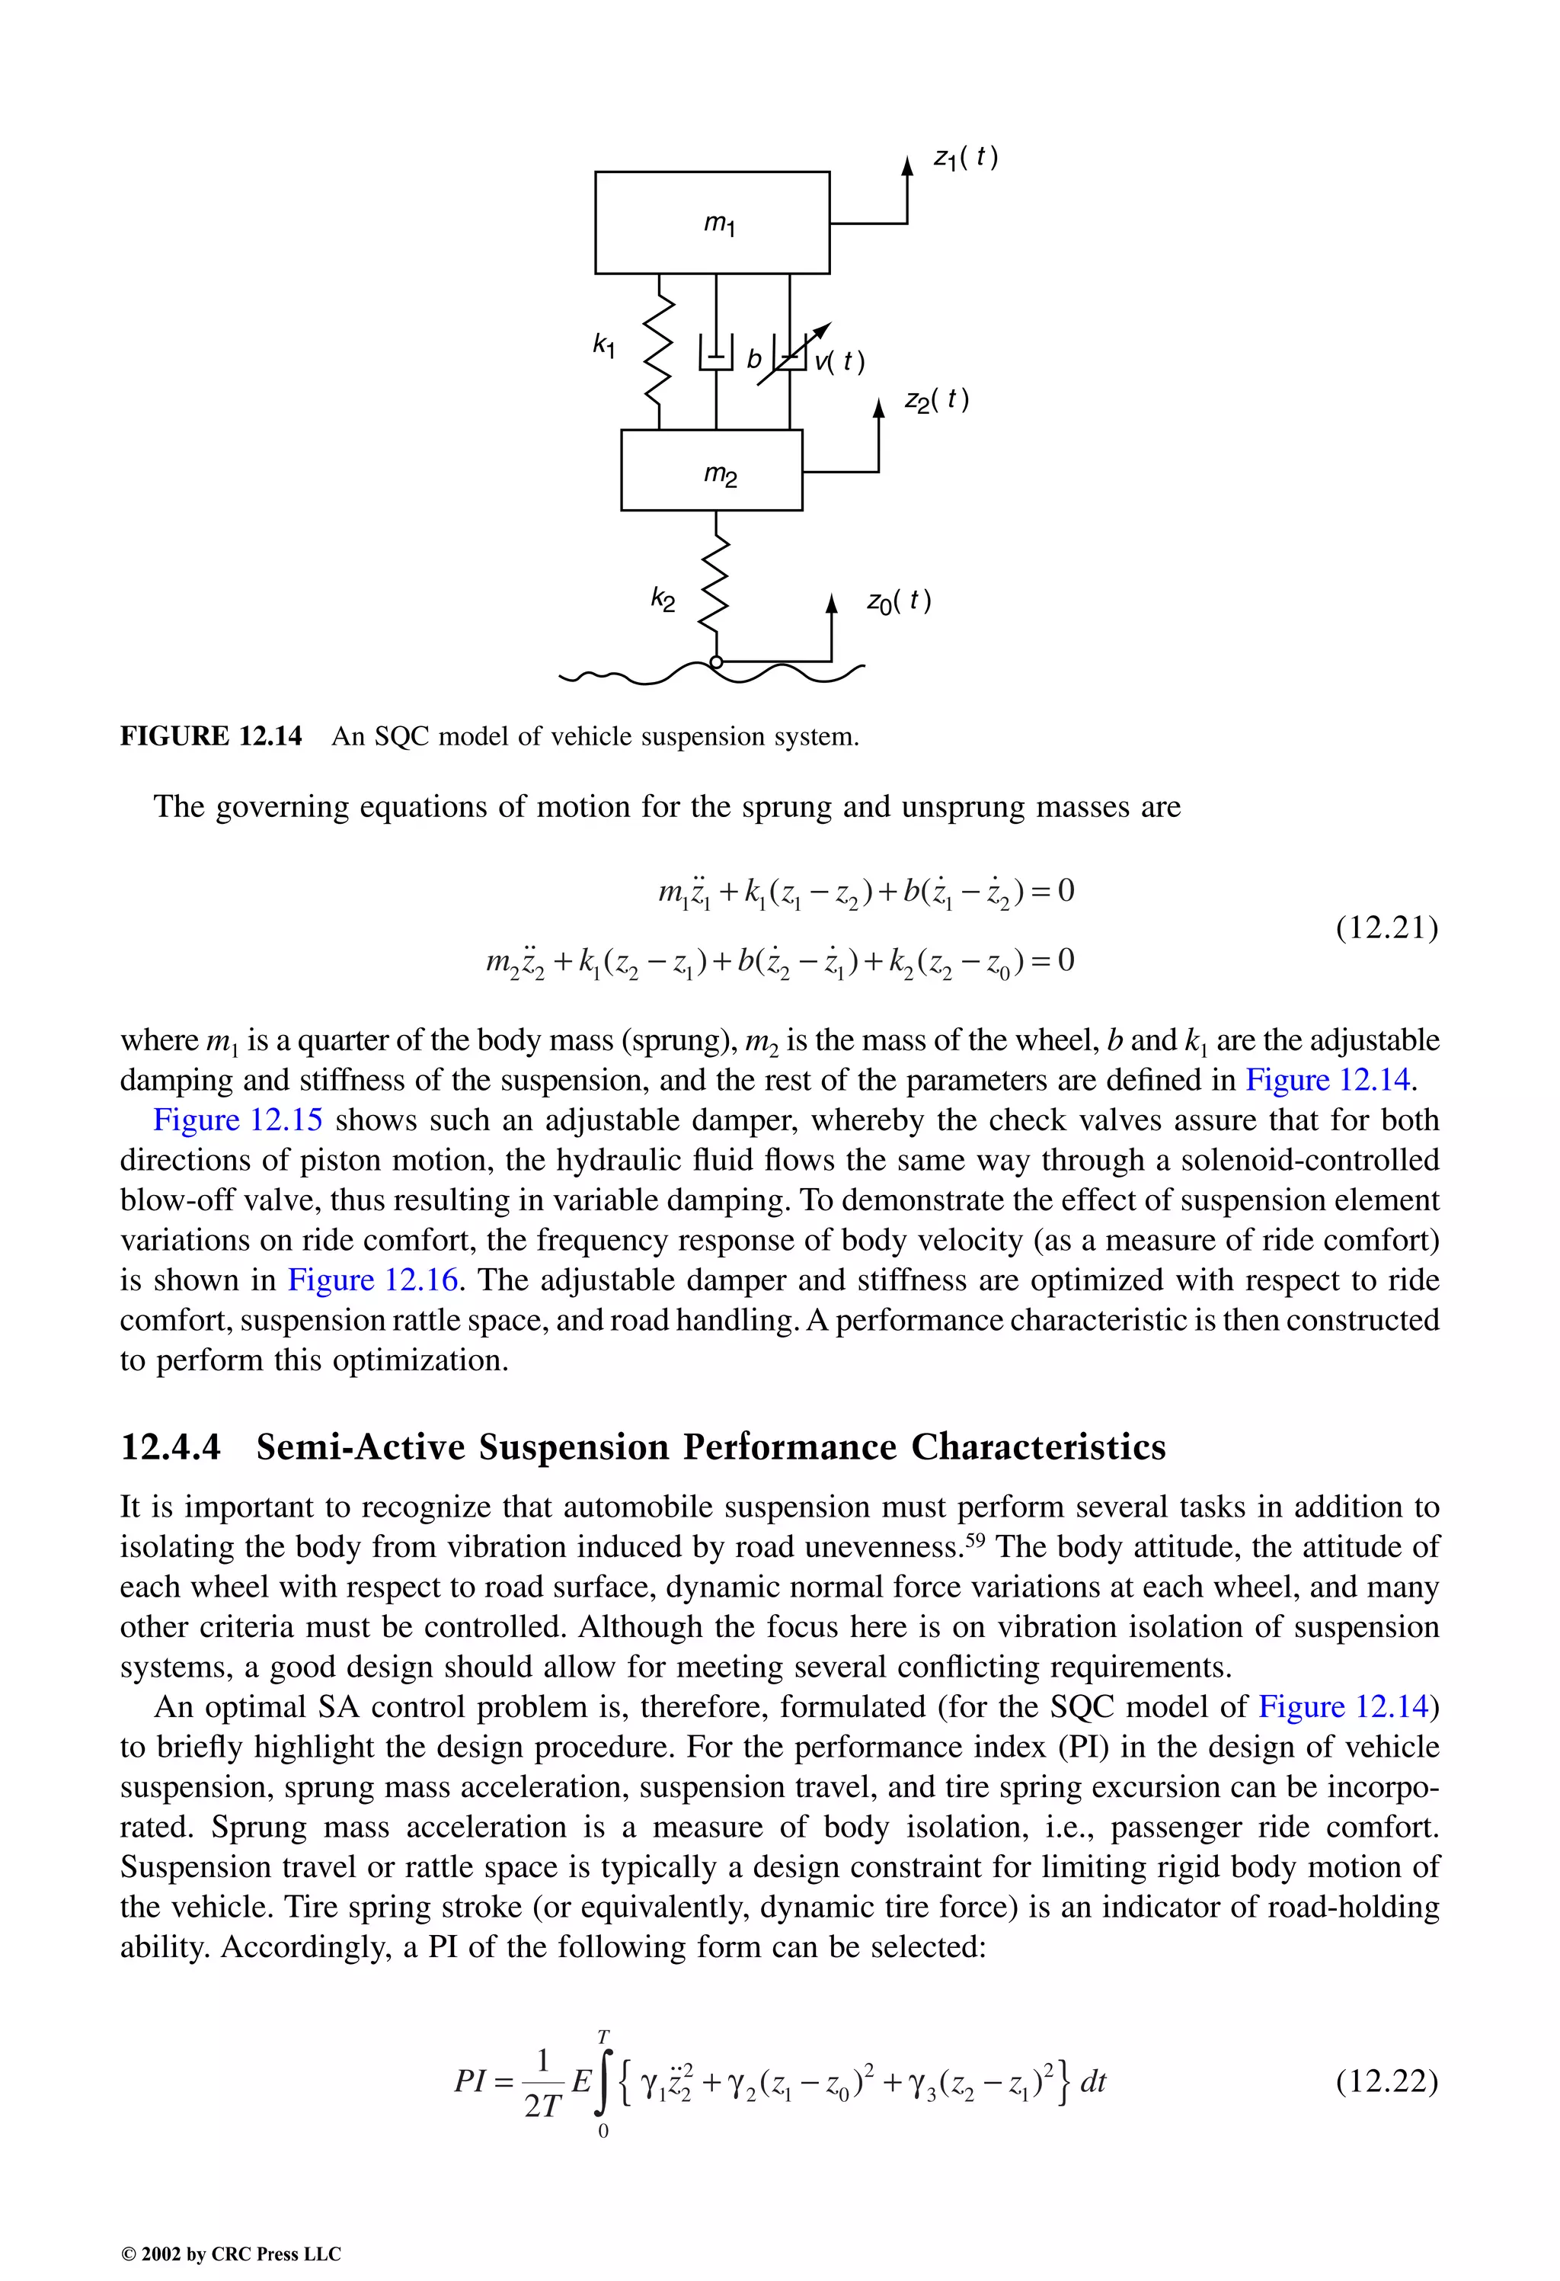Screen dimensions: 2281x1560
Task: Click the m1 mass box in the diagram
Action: [712, 223]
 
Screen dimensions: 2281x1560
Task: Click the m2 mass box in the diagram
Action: [712, 472]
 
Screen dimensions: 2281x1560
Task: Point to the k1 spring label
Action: [604, 344]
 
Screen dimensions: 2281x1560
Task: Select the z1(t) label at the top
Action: [965, 157]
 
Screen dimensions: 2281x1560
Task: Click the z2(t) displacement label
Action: [936, 399]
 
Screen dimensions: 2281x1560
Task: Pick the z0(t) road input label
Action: [898, 601]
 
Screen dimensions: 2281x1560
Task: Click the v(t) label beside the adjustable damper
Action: [840, 361]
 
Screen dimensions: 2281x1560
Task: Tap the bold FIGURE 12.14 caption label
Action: [211, 736]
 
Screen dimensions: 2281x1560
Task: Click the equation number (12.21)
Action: [1386, 927]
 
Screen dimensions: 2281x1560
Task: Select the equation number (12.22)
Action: [1386, 2081]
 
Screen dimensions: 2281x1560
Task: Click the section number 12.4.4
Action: [171, 1446]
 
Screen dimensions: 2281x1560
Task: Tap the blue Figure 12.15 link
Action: [238, 1120]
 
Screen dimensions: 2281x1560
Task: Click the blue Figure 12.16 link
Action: [372, 1280]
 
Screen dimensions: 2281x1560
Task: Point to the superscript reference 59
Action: [974, 1537]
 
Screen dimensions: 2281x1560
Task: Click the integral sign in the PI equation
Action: [603, 2083]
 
